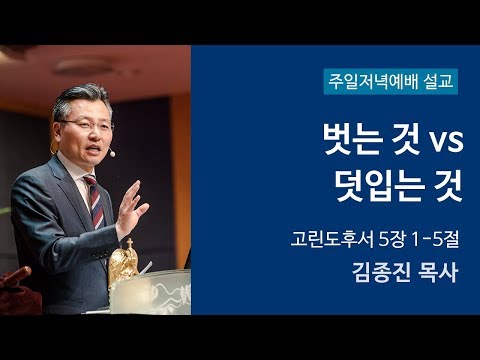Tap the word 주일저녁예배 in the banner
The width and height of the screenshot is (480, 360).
pos(373,78)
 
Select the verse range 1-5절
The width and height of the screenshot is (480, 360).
pos(421,239)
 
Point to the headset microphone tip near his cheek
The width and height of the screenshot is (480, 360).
pos(113,155)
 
